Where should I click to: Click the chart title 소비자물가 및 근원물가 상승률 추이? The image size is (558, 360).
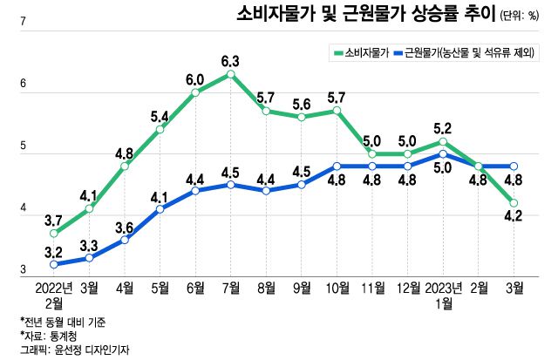tap(365, 15)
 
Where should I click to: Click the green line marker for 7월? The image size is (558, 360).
tap(230, 74)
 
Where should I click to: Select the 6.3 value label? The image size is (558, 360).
tap(230, 61)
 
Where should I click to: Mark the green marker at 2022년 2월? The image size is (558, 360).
tap(54, 233)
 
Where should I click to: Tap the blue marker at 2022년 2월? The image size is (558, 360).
tap(54, 264)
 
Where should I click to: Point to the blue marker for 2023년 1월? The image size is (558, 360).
tap(444, 153)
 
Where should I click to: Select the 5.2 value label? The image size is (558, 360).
tap(444, 126)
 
